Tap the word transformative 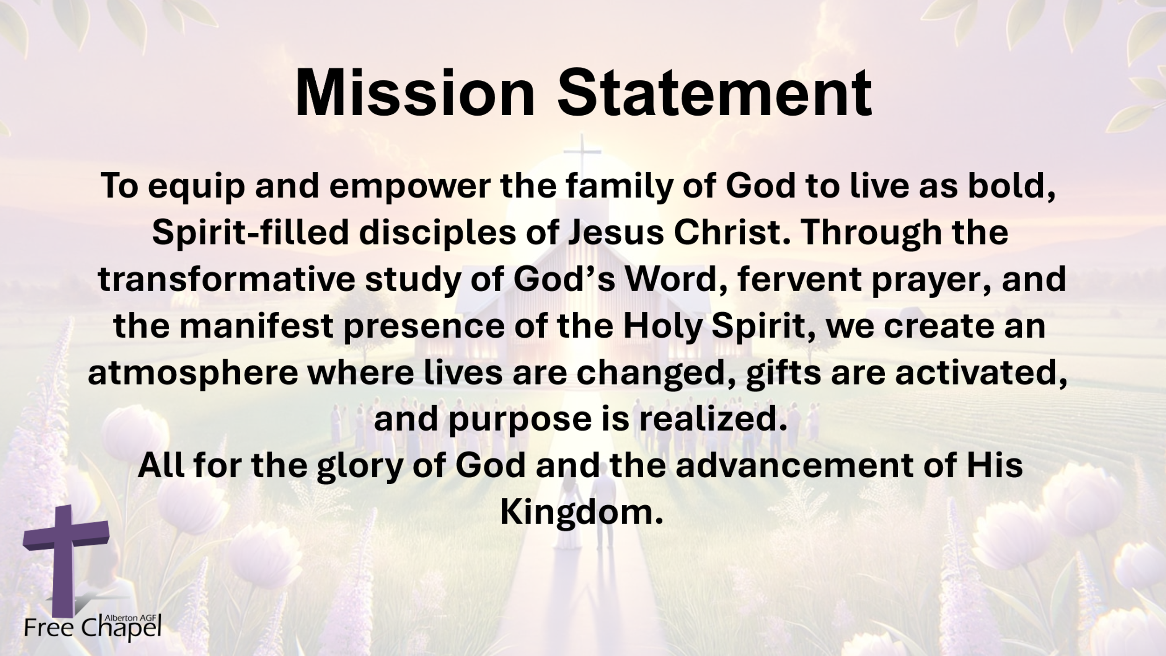click(226, 279)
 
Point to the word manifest click(256, 326)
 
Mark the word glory click(359, 467)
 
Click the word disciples click(437, 233)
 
